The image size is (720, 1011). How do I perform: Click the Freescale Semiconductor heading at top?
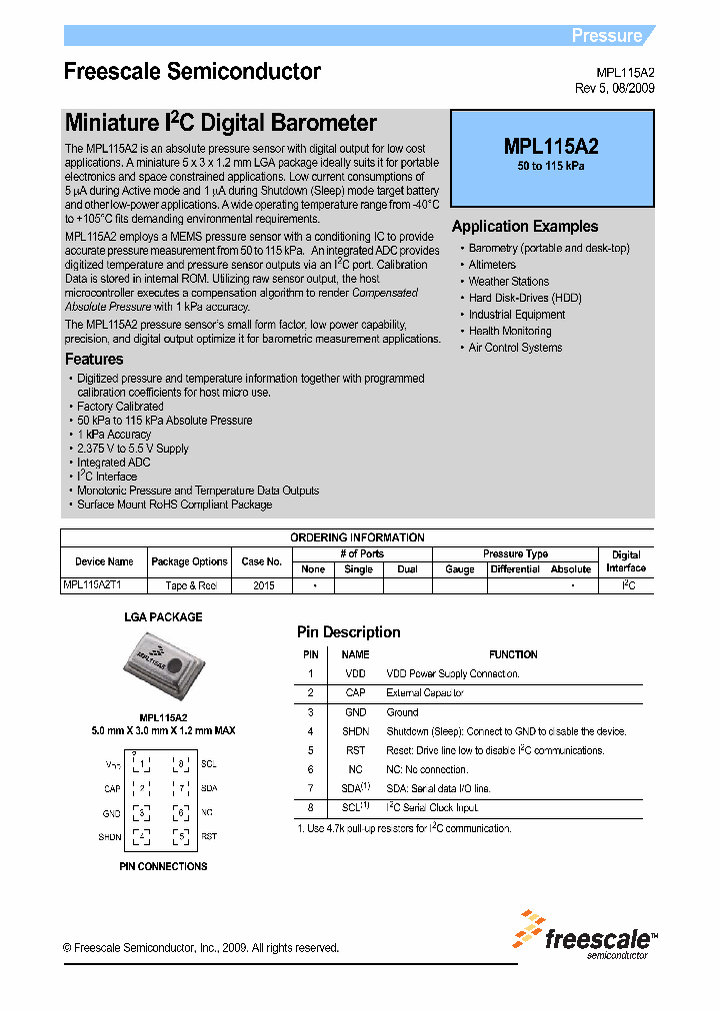(x=192, y=72)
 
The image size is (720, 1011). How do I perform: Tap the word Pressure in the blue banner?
(x=606, y=36)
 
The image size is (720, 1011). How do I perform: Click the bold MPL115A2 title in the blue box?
(x=551, y=147)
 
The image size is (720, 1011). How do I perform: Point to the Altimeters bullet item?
(x=492, y=265)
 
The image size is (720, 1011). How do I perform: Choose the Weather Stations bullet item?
(x=509, y=282)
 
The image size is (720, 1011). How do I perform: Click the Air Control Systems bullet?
(x=515, y=348)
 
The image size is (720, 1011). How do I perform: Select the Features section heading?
(x=94, y=360)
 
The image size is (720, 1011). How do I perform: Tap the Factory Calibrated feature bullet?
(x=120, y=407)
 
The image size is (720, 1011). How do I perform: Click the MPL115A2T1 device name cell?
(x=92, y=585)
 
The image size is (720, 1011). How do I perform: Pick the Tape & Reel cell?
(x=189, y=585)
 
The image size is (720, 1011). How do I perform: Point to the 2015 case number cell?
(x=263, y=585)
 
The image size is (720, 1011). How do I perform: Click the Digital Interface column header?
(x=626, y=560)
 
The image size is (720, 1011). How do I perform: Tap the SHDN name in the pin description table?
(x=355, y=731)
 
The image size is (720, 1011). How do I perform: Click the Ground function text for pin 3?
(x=402, y=712)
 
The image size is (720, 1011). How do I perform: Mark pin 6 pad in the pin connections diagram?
(x=180, y=813)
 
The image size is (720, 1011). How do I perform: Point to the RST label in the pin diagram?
(x=209, y=836)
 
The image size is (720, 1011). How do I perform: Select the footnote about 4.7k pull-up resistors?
(x=404, y=828)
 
